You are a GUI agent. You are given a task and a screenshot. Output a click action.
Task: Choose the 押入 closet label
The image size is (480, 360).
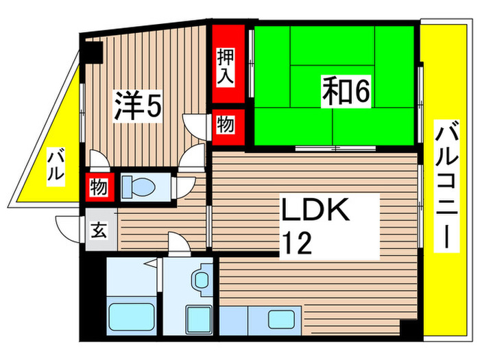[x=227, y=64]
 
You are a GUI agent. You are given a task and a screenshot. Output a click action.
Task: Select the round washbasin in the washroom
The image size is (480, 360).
[x=201, y=279]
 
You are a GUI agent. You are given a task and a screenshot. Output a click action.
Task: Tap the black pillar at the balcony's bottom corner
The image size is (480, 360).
[x=409, y=328]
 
